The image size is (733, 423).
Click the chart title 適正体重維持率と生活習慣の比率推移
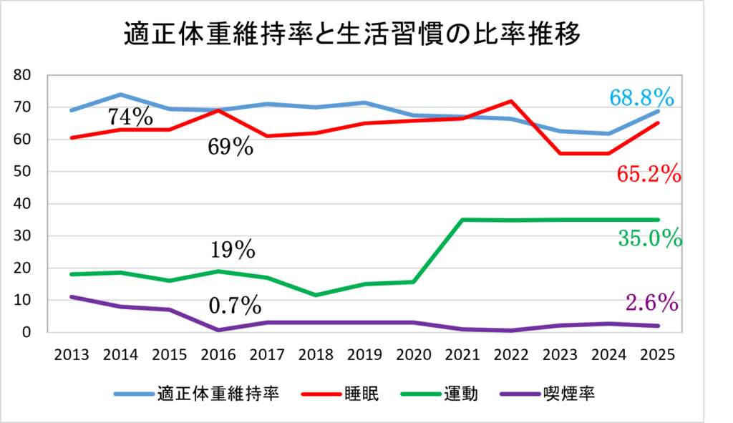pyautogui.click(x=351, y=34)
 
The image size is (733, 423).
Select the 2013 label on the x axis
pyautogui.click(x=72, y=354)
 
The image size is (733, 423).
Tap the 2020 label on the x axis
pyautogui.click(x=413, y=354)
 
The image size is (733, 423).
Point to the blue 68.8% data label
pyautogui.click(x=643, y=97)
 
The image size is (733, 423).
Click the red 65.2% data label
pyautogui.click(x=648, y=174)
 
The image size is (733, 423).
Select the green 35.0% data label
pyautogui.click(x=649, y=238)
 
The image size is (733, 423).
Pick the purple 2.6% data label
pyautogui.click(x=651, y=303)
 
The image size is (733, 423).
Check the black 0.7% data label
pyautogui.click(x=235, y=306)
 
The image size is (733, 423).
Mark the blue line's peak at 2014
pyautogui.click(x=121, y=94)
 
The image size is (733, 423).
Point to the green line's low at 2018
pyautogui.click(x=316, y=295)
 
